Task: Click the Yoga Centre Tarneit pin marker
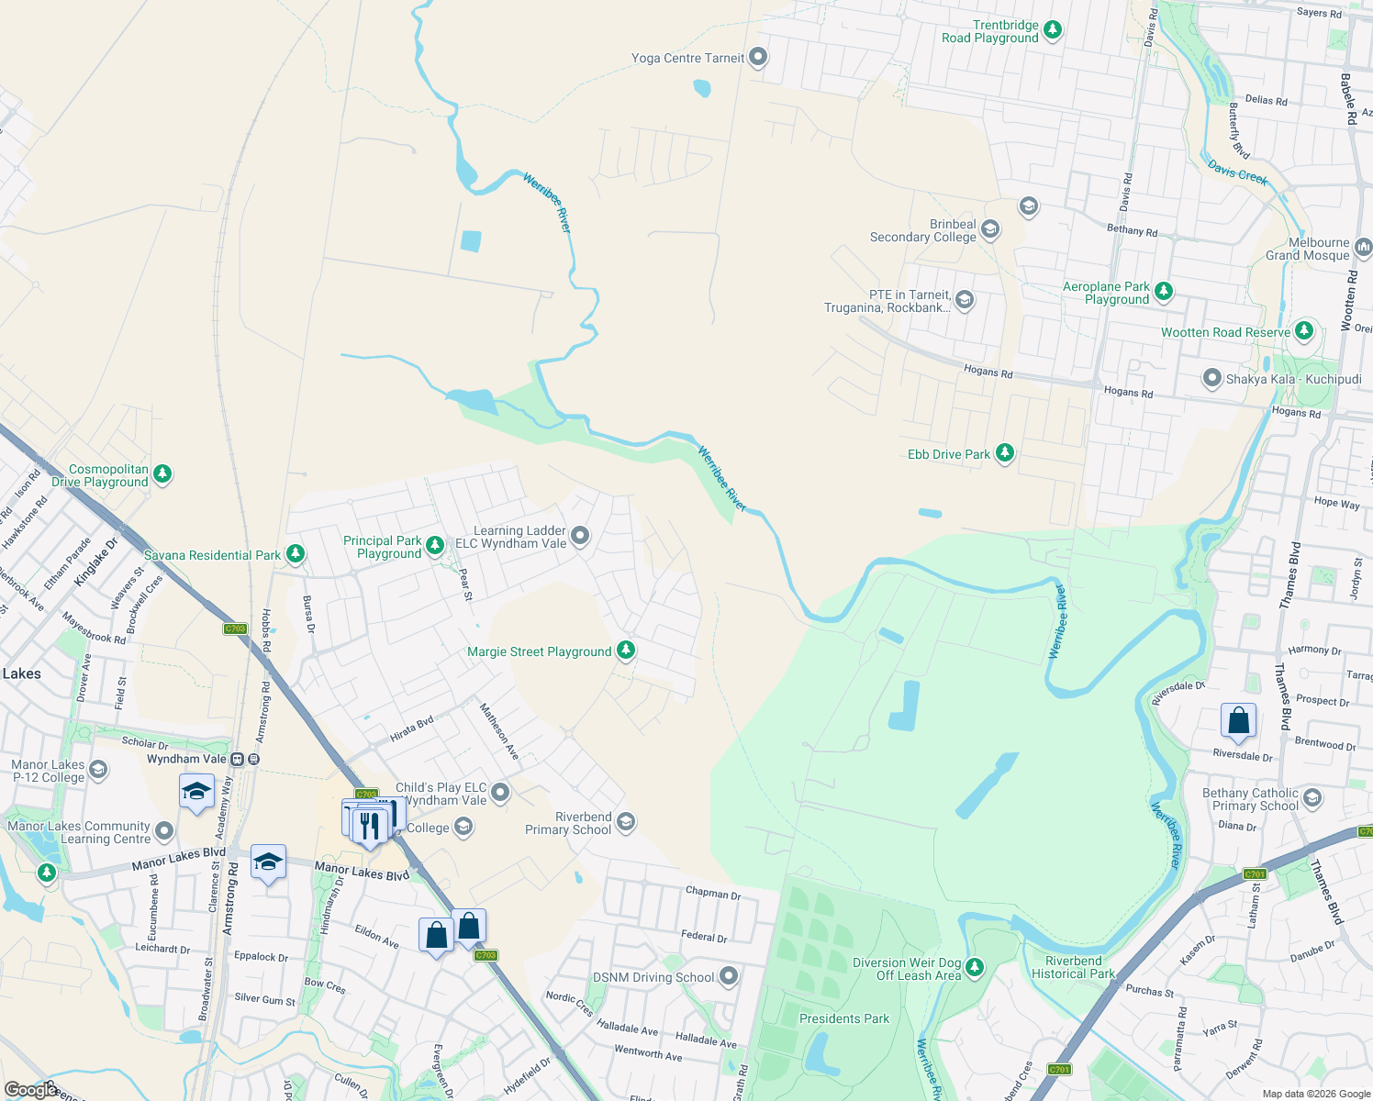(758, 57)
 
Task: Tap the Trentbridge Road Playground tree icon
(1053, 30)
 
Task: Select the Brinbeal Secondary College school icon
(989, 228)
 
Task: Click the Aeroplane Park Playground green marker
(1164, 292)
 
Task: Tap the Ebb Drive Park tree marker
(1005, 453)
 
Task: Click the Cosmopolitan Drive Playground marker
(162, 473)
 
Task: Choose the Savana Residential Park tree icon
(295, 554)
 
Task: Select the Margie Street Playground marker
(626, 651)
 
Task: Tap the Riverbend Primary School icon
(626, 821)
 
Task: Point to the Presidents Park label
(844, 1018)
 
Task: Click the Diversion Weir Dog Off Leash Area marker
(975, 967)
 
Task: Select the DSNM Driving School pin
(729, 976)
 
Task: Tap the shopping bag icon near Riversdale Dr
(1238, 721)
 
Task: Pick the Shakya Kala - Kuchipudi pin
(1212, 378)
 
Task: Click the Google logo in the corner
(30, 1089)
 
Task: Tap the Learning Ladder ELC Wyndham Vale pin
(580, 536)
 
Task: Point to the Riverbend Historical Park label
(1073, 967)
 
